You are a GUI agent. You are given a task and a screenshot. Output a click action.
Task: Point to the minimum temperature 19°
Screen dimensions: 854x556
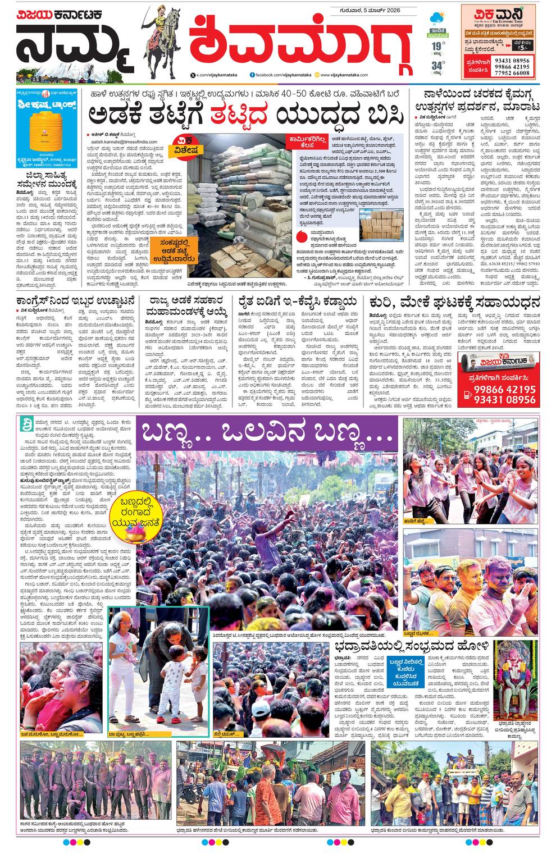(438, 45)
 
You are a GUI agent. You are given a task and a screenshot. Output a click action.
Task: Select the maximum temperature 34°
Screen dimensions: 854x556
(437, 66)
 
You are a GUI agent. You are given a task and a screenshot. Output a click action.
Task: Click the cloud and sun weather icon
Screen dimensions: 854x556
(438, 17)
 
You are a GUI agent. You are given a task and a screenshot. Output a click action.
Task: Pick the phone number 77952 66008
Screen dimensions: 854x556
(513, 73)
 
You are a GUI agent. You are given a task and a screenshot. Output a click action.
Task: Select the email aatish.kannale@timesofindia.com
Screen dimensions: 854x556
(124, 143)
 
